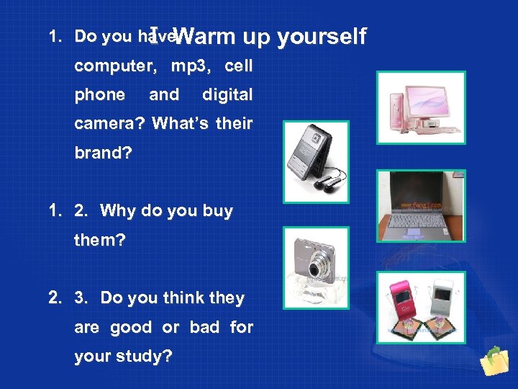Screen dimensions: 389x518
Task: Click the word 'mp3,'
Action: click(x=191, y=66)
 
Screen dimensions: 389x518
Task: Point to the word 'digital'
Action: click(x=227, y=95)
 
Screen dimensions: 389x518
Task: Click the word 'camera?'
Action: click(x=110, y=124)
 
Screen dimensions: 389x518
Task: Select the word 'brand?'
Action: click(x=101, y=153)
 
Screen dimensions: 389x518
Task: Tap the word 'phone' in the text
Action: click(x=99, y=95)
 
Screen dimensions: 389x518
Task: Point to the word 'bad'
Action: click(x=204, y=328)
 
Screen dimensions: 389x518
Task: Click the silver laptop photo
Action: click(x=422, y=205)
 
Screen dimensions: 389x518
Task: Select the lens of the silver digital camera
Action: click(x=314, y=271)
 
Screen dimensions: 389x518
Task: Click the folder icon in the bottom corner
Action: click(x=494, y=363)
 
